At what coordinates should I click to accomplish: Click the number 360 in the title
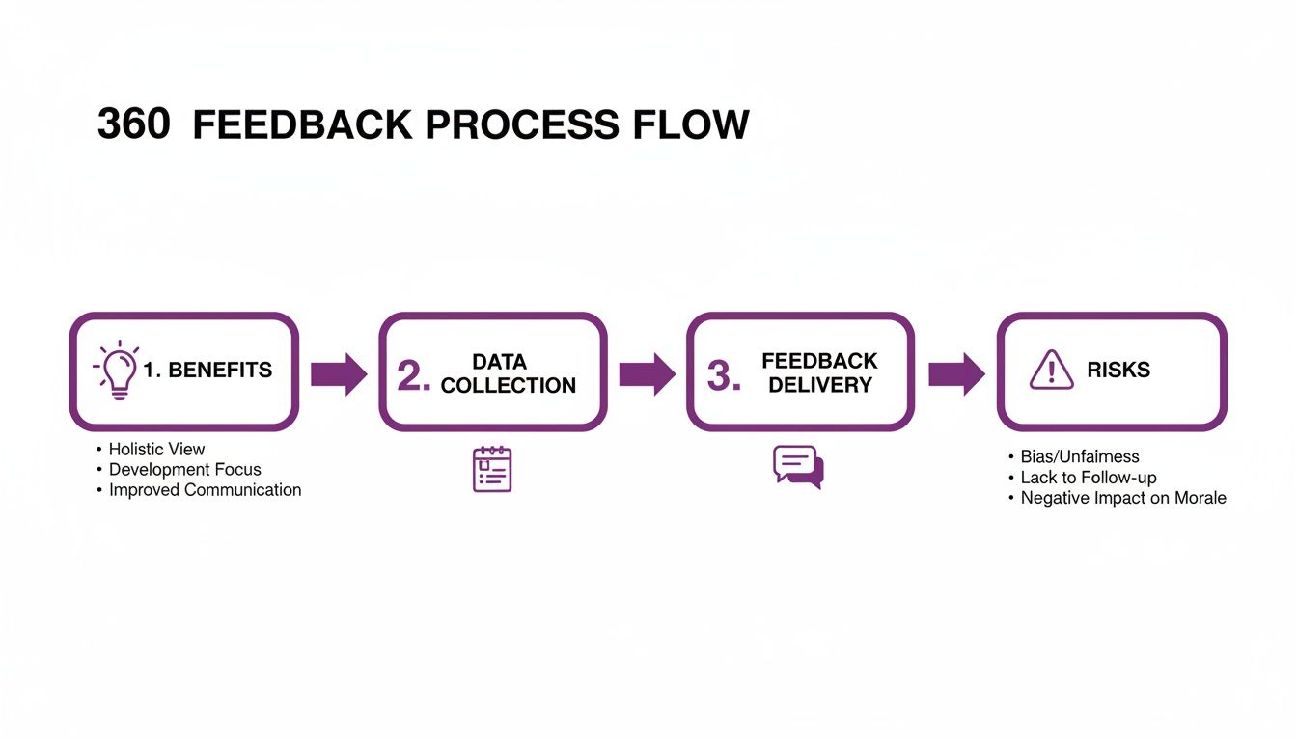tap(134, 125)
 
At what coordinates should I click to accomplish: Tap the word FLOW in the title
tap(693, 125)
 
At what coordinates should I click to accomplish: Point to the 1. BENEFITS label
tap(207, 370)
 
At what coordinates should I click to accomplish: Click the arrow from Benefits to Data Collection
tap(339, 373)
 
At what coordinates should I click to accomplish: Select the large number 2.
tap(414, 376)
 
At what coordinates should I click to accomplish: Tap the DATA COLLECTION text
tap(508, 373)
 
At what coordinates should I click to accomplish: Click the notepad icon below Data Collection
tap(492, 469)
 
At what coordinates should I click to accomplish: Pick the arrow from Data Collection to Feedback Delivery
tap(647, 373)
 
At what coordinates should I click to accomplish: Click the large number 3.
tap(724, 376)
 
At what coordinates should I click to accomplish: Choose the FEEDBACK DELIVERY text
tap(819, 372)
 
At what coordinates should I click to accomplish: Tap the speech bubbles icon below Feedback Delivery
tap(798, 467)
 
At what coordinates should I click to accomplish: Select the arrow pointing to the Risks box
tap(956, 373)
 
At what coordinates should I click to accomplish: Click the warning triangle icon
tap(1051, 370)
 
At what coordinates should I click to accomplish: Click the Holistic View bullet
tap(156, 449)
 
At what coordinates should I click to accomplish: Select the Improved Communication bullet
tap(205, 490)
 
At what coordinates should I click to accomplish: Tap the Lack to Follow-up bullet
tap(1088, 478)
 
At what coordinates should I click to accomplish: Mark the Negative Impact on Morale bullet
tap(1123, 498)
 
